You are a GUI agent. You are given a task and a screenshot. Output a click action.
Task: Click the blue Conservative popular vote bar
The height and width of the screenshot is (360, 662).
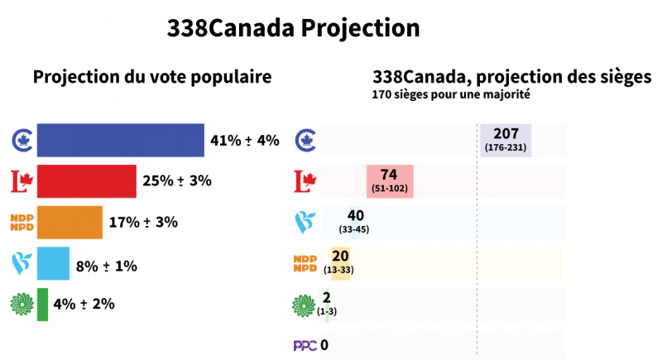coord(121,140)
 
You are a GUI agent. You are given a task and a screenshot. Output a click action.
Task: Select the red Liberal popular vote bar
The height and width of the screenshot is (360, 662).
coord(87,181)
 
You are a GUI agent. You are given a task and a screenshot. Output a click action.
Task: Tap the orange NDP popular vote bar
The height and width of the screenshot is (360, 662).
coord(70,222)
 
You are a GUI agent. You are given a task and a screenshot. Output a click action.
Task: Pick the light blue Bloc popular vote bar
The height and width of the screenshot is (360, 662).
coord(54,263)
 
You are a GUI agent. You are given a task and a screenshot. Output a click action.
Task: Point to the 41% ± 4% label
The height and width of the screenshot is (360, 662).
coord(245,140)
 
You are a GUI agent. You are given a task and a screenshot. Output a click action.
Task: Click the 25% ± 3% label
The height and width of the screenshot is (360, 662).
coord(178,181)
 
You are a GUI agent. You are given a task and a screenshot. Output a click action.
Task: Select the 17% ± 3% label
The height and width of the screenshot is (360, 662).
coord(144,222)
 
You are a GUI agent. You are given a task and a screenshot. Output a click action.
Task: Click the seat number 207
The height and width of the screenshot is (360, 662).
coord(506,134)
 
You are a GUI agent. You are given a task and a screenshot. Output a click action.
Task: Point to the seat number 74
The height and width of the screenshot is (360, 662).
coord(390,175)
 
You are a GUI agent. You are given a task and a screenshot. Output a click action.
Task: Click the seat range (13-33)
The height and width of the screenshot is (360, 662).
coord(340,269)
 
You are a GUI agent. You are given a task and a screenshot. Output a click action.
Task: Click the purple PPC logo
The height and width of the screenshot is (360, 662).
coord(305,345)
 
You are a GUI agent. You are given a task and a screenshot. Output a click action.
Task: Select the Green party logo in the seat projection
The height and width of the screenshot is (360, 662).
coord(305,304)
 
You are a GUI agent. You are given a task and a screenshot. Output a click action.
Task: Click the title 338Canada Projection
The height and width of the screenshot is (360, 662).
coord(294,27)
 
